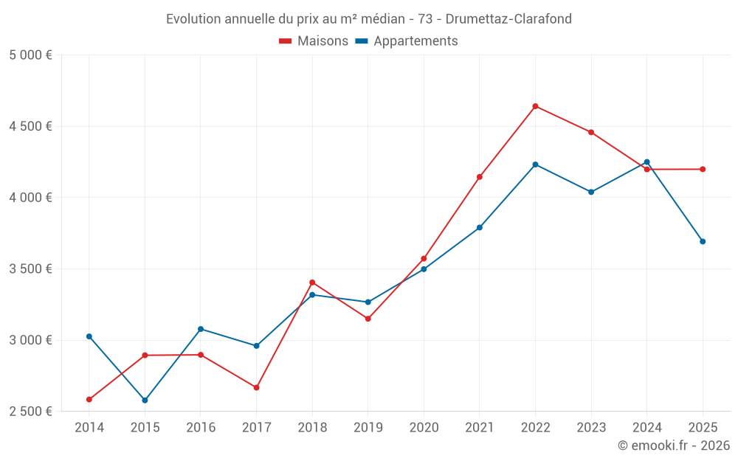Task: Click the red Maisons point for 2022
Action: [x=535, y=106]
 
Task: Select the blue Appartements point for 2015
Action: [x=145, y=401]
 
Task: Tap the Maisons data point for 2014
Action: [x=89, y=400]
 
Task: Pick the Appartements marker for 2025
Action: [x=703, y=241]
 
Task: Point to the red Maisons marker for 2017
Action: [x=256, y=387]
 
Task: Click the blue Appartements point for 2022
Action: [x=535, y=164]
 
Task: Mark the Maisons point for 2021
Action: [x=480, y=177]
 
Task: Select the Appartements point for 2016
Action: [x=201, y=329]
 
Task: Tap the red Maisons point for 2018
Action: [x=312, y=283]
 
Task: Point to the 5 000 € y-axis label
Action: [x=30, y=55]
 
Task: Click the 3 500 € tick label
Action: [x=30, y=269]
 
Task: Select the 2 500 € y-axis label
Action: [x=30, y=412]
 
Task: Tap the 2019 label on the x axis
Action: [x=368, y=428]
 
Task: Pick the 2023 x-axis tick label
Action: [x=591, y=428]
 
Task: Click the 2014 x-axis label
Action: [x=89, y=428]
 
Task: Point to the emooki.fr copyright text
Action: [x=673, y=446]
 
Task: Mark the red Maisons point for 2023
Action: [x=591, y=132]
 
